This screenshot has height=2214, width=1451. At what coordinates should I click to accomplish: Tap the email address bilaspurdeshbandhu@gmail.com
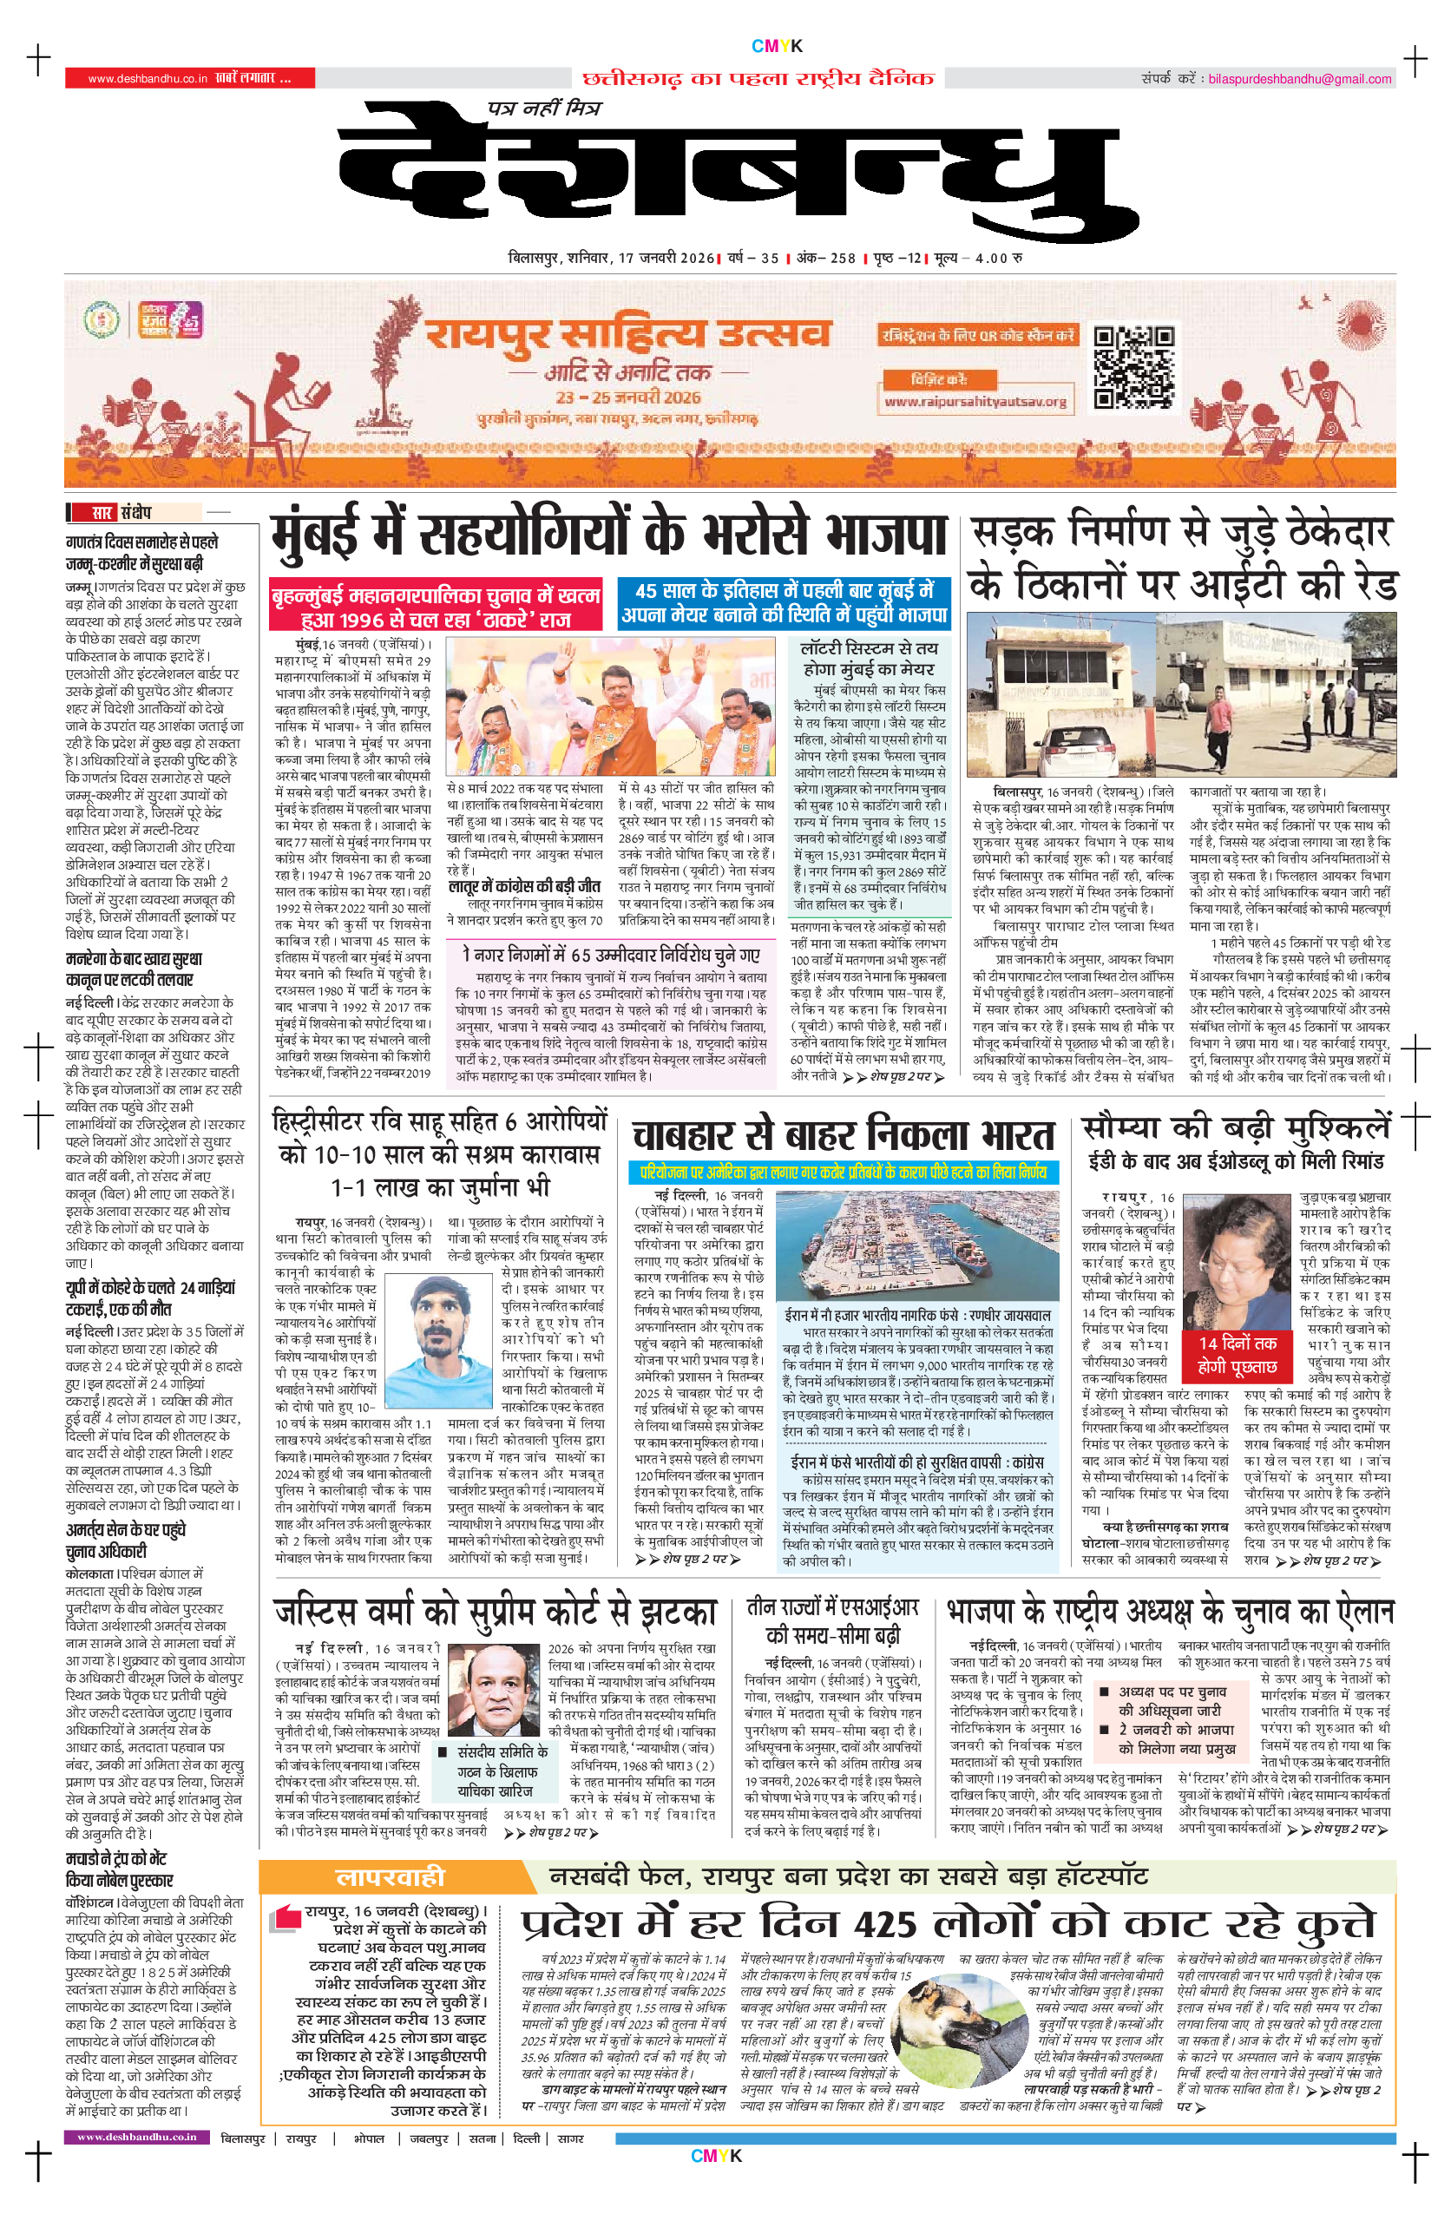coord(1298,79)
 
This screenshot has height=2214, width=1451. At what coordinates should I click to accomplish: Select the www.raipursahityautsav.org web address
coord(975,402)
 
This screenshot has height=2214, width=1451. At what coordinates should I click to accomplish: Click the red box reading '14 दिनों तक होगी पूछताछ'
coord(1236,1355)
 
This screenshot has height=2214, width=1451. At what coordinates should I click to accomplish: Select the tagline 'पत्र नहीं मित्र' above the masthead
coord(545,108)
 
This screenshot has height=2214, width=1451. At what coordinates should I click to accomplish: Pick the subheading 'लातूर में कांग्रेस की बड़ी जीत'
coord(524,886)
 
